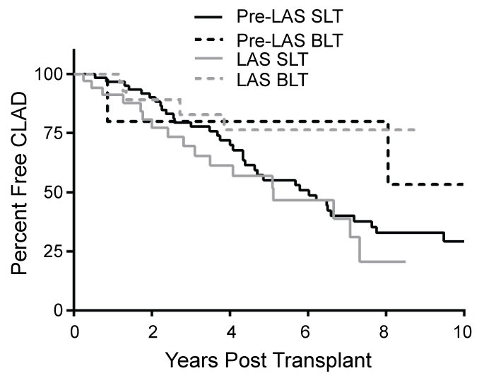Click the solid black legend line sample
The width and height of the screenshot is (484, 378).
click(x=210, y=14)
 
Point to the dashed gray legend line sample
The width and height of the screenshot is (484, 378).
click(x=210, y=80)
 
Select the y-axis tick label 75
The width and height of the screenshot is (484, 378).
click(x=57, y=134)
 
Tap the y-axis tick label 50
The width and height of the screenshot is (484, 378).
click(x=57, y=193)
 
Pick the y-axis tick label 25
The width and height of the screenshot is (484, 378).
click(x=57, y=252)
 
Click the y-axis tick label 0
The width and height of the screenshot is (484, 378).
click(x=61, y=311)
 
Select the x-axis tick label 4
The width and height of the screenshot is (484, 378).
click(x=230, y=331)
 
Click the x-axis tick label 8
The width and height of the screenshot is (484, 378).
click(x=386, y=331)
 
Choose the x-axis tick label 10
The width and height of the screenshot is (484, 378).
click(x=464, y=331)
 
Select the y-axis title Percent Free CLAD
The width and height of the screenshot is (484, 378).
click(x=21, y=192)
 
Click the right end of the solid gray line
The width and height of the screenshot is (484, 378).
click(x=405, y=261)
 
